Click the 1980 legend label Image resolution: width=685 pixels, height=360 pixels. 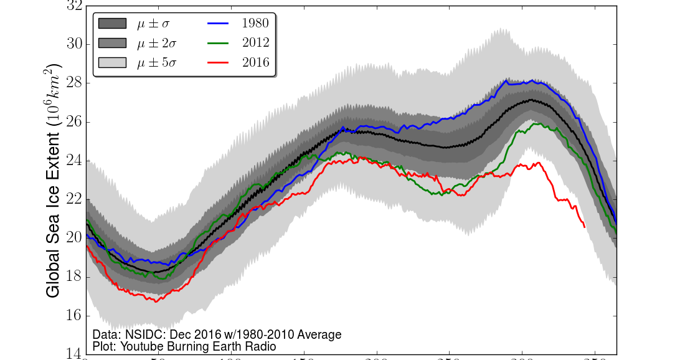[x=255, y=24]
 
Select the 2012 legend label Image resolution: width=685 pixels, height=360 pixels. [x=255, y=43]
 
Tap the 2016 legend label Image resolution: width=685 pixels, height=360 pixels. [x=255, y=62]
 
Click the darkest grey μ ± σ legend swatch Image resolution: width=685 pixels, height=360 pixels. [x=112, y=24]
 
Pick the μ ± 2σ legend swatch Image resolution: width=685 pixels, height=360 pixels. [x=112, y=43]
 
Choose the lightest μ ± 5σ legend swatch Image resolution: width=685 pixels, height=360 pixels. [x=112, y=62]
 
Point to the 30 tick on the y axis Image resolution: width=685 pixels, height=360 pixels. [x=73, y=44]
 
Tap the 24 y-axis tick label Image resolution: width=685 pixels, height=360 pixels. [x=73, y=161]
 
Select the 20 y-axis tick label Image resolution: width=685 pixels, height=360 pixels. [x=73, y=238]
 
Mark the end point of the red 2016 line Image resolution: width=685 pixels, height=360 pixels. [x=584, y=227]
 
